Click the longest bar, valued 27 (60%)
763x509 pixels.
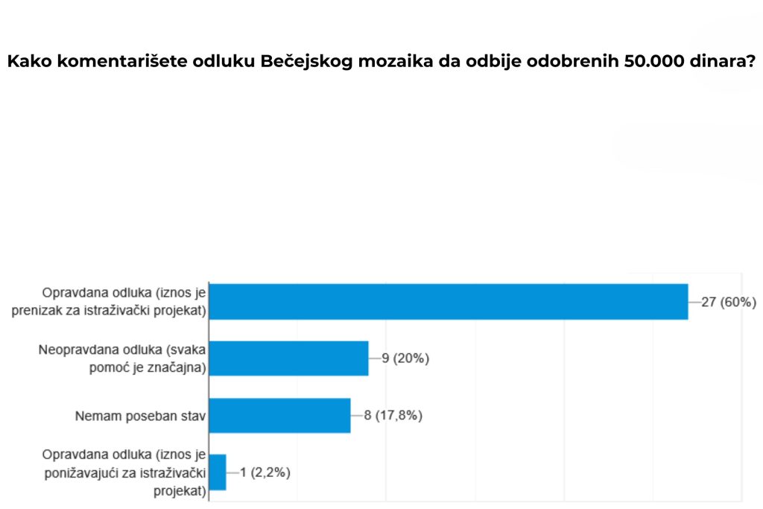448,301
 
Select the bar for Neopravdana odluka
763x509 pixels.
288,358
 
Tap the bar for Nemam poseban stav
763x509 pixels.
279,415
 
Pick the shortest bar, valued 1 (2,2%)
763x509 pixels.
218,472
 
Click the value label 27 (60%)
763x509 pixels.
729,302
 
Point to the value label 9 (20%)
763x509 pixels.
405,358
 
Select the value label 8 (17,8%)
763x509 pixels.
393,415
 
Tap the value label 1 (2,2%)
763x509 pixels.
265,472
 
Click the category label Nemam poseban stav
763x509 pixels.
140,415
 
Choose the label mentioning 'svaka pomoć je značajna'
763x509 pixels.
122,358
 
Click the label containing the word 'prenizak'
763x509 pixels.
109,302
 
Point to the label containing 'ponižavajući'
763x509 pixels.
124,472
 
